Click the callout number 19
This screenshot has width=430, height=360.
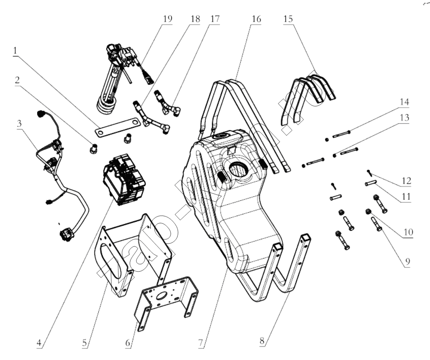167,19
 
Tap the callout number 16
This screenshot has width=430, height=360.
256,19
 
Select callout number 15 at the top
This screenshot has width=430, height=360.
288,19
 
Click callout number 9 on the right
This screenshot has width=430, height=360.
407,262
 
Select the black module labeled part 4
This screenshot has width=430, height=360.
123,178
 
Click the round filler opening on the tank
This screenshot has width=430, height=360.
239,169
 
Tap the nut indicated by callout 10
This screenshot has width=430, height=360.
369,212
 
